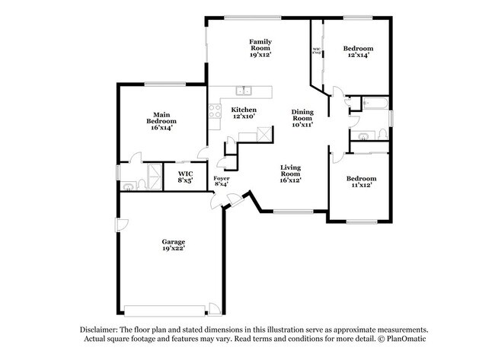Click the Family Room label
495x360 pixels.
click(260, 48)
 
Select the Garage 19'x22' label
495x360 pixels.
click(174, 244)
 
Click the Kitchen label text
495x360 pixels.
click(244, 113)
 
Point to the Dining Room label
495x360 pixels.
click(302, 118)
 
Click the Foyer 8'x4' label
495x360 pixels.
click(222, 180)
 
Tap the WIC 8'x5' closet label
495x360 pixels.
click(185, 177)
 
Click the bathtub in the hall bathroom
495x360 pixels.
click(375, 103)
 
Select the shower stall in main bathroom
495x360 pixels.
click(152, 177)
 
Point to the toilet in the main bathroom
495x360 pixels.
click(126, 185)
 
